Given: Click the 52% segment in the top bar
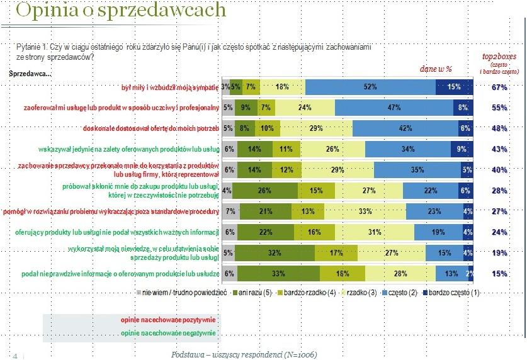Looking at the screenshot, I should click(370, 87).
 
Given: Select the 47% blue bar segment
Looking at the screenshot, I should click(395, 108).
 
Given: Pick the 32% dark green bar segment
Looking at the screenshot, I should click(275, 253).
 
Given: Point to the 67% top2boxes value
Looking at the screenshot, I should click(499, 87).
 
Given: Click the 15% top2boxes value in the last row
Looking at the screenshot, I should click(499, 274).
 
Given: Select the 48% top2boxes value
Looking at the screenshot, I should click(499, 128).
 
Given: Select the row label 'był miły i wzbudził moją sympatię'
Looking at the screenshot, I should click(169, 87).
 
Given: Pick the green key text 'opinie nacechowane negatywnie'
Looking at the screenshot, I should click(169, 333).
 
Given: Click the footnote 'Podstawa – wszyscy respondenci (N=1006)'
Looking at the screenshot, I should click(244, 354).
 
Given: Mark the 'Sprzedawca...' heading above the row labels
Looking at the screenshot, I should click(30, 74).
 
